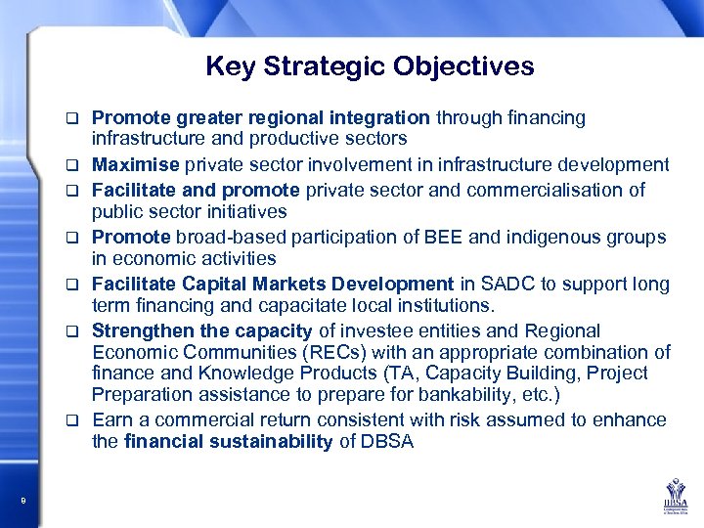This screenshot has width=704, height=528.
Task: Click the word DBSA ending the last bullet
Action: (387, 442)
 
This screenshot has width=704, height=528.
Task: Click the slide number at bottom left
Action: (22, 502)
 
